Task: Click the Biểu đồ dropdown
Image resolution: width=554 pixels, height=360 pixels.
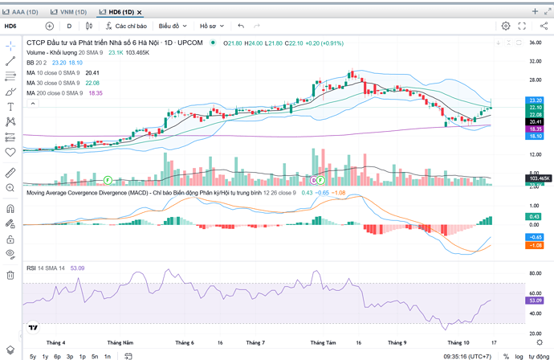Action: [x=173, y=26]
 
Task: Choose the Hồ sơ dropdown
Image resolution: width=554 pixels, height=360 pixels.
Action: [x=214, y=26]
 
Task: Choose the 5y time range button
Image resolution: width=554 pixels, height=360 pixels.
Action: [x=33, y=355]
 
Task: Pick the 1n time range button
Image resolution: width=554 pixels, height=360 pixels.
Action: [x=107, y=355]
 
